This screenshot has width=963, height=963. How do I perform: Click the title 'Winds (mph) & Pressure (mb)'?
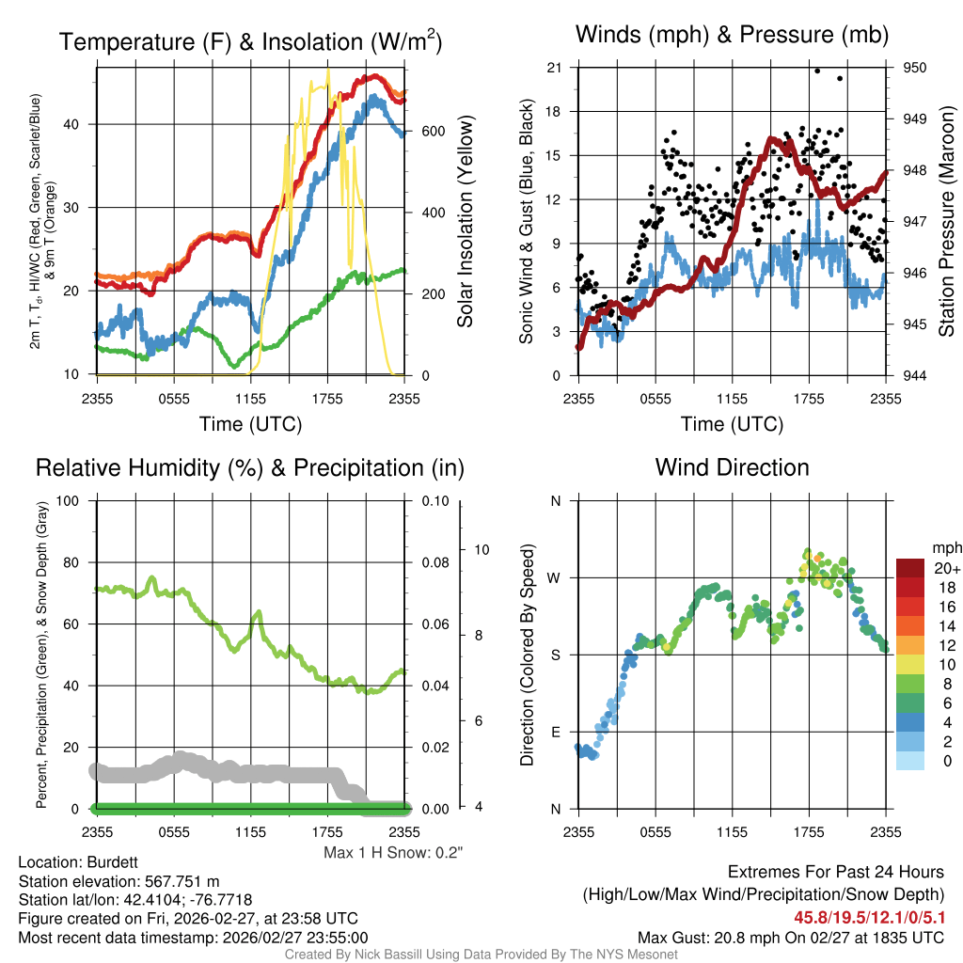pyautogui.click(x=733, y=36)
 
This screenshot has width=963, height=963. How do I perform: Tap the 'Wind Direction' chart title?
pyautogui.click(x=733, y=467)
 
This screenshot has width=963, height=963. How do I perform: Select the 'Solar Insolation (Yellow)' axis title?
pyautogui.click(x=466, y=222)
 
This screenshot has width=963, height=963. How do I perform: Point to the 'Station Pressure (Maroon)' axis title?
pyautogui.click(x=947, y=222)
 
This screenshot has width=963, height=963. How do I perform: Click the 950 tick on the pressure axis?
pyautogui.click(x=915, y=68)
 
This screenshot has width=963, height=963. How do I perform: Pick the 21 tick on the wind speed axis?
pyautogui.click(x=554, y=68)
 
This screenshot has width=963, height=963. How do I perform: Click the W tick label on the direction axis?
pyautogui.click(x=554, y=577)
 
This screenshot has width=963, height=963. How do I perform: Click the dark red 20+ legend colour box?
pyautogui.click(x=911, y=569)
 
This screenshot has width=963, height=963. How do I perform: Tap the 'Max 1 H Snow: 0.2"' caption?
pyautogui.click(x=393, y=852)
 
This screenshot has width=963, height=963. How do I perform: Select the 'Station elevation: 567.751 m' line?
pyautogui.click(x=118, y=881)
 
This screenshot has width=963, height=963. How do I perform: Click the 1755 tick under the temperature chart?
pyautogui.click(x=328, y=399)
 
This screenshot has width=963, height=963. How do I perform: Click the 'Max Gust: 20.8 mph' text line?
pyautogui.click(x=790, y=937)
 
